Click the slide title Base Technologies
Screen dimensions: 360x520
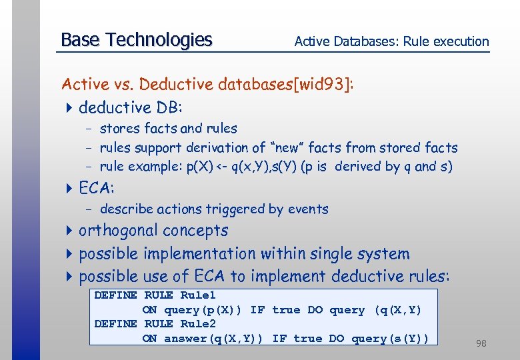click(136, 40)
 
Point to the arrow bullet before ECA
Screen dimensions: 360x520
click(69, 189)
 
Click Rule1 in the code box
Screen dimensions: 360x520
click(198, 295)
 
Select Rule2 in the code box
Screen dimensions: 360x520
click(198, 324)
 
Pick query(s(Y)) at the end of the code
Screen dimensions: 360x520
click(389, 339)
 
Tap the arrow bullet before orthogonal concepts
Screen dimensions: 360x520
click(69, 231)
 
